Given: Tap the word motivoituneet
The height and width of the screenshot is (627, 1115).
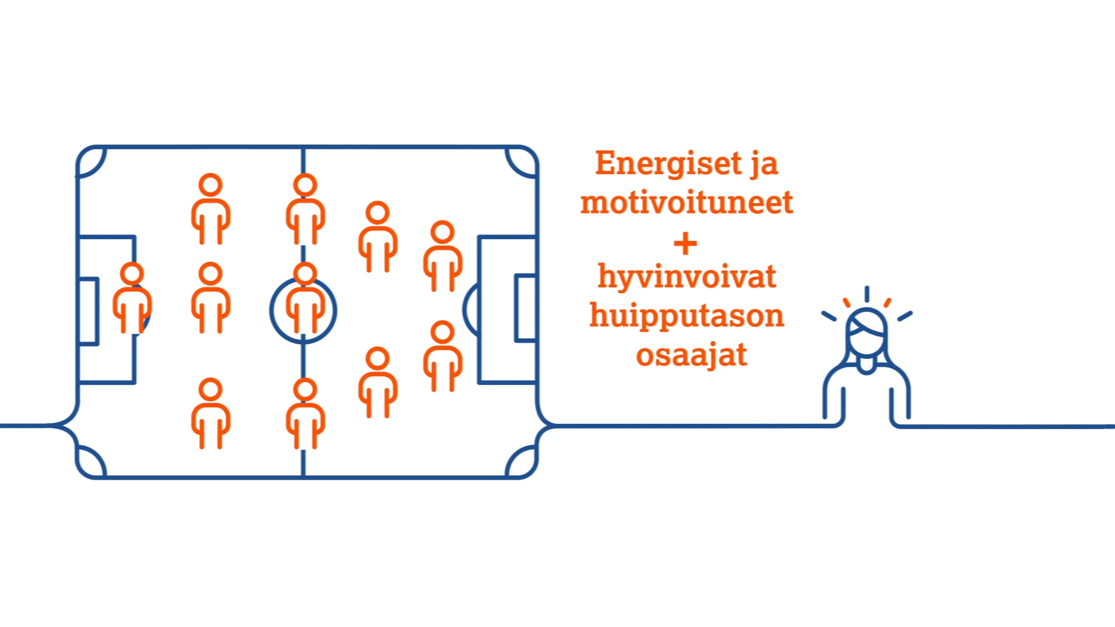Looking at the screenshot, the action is click(x=687, y=202).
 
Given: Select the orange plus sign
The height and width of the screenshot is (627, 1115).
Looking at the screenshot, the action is click(x=685, y=243).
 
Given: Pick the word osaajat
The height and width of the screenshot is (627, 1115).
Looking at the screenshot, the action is click(x=691, y=355).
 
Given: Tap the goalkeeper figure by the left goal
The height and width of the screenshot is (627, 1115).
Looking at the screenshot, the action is click(x=132, y=298).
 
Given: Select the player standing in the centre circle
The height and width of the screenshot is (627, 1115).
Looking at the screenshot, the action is click(x=305, y=298).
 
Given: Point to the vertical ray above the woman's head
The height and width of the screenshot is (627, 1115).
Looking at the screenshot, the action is click(x=867, y=294).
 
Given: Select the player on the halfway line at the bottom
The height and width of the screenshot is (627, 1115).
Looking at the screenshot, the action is click(x=305, y=413).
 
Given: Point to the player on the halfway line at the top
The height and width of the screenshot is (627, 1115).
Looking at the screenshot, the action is click(x=305, y=209).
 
